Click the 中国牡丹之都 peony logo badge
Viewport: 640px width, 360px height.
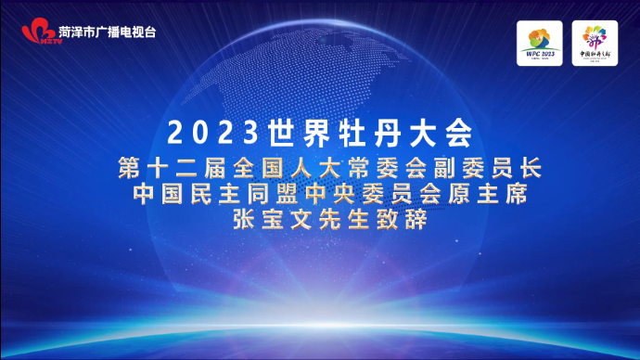[x=595, y=43]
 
